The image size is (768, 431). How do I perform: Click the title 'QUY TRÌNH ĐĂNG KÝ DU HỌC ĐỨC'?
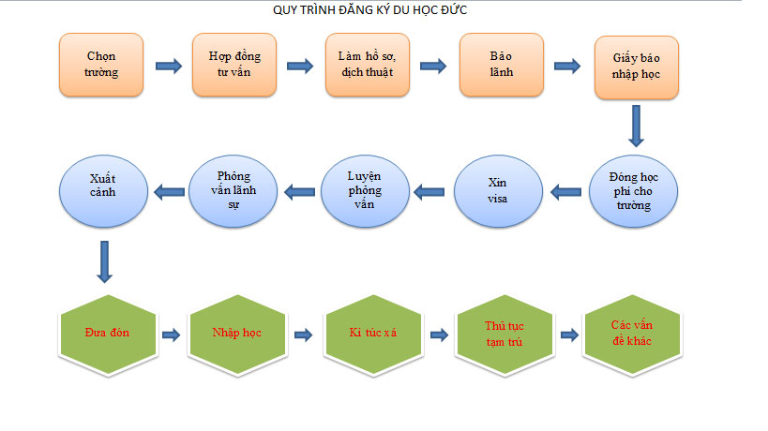click(369, 9)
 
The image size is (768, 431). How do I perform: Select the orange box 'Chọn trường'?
click(101, 65)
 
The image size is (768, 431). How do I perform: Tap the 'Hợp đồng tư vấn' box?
click(234, 65)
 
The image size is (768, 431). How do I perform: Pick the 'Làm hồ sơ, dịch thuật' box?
click(368, 65)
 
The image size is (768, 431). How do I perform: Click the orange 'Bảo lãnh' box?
click(502, 65)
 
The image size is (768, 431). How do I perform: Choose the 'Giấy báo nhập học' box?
click(637, 67)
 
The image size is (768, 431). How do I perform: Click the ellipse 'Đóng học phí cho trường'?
click(633, 191)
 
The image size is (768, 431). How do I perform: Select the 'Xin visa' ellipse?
click(498, 191)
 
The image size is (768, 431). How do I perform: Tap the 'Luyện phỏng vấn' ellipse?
click(365, 191)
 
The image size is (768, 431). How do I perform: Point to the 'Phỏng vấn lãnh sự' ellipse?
click(233, 191)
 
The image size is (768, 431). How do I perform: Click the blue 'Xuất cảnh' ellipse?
click(103, 191)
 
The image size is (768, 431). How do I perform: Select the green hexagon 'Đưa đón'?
click(108, 334)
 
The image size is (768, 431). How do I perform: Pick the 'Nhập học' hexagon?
click(237, 334)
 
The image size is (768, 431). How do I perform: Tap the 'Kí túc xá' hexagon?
click(373, 334)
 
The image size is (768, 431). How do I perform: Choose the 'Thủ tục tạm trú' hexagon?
click(504, 334)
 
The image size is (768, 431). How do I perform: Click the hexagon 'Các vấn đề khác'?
click(632, 334)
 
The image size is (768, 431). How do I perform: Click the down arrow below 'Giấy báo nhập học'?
click(636, 126)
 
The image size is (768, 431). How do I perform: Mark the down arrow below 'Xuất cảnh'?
click(104, 261)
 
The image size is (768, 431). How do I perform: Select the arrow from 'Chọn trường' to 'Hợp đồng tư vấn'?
click(169, 66)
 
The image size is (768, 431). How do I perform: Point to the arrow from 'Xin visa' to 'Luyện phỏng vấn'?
click(429, 192)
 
